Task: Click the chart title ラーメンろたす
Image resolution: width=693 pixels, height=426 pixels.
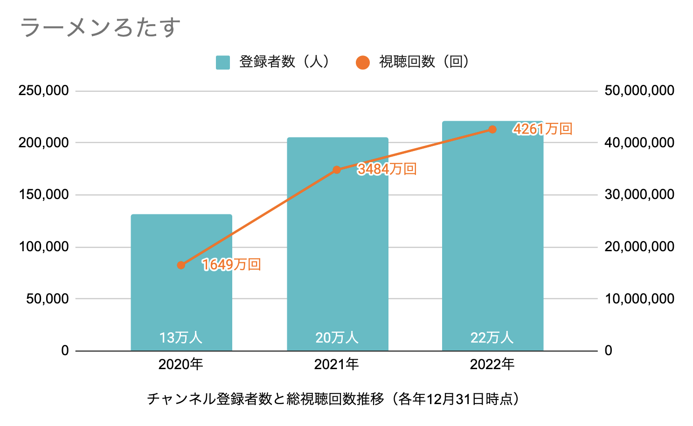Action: point(100,27)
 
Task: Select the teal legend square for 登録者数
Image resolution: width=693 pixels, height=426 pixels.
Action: point(223,62)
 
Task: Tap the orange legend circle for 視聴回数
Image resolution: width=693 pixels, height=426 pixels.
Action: point(362,62)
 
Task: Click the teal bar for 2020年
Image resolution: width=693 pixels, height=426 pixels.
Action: point(181,298)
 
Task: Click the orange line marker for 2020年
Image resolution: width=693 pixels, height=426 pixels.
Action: point(181,265)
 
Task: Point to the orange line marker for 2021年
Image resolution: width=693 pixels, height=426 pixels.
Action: point(337,170)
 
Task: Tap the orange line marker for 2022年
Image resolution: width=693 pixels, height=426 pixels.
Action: point(492,129)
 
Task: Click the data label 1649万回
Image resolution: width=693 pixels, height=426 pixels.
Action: point(231,265)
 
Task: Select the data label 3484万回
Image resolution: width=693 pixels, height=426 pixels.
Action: point(387,169)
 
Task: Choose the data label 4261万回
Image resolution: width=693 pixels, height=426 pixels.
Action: point(543,129)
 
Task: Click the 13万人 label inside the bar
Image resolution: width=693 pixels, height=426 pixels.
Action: point(181,337)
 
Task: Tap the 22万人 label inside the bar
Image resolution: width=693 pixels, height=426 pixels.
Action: point(492,337)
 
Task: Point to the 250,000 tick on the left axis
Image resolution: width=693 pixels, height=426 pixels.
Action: point(44,90)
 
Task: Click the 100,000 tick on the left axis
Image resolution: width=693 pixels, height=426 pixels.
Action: point(44,247)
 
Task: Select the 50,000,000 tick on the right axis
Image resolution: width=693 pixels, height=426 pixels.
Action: point(639,90)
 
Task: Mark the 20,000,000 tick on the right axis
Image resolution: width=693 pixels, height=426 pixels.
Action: point(639,247)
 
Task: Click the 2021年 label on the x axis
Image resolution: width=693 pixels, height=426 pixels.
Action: point(337,364)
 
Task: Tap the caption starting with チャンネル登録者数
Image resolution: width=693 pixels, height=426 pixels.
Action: point(333,399)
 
